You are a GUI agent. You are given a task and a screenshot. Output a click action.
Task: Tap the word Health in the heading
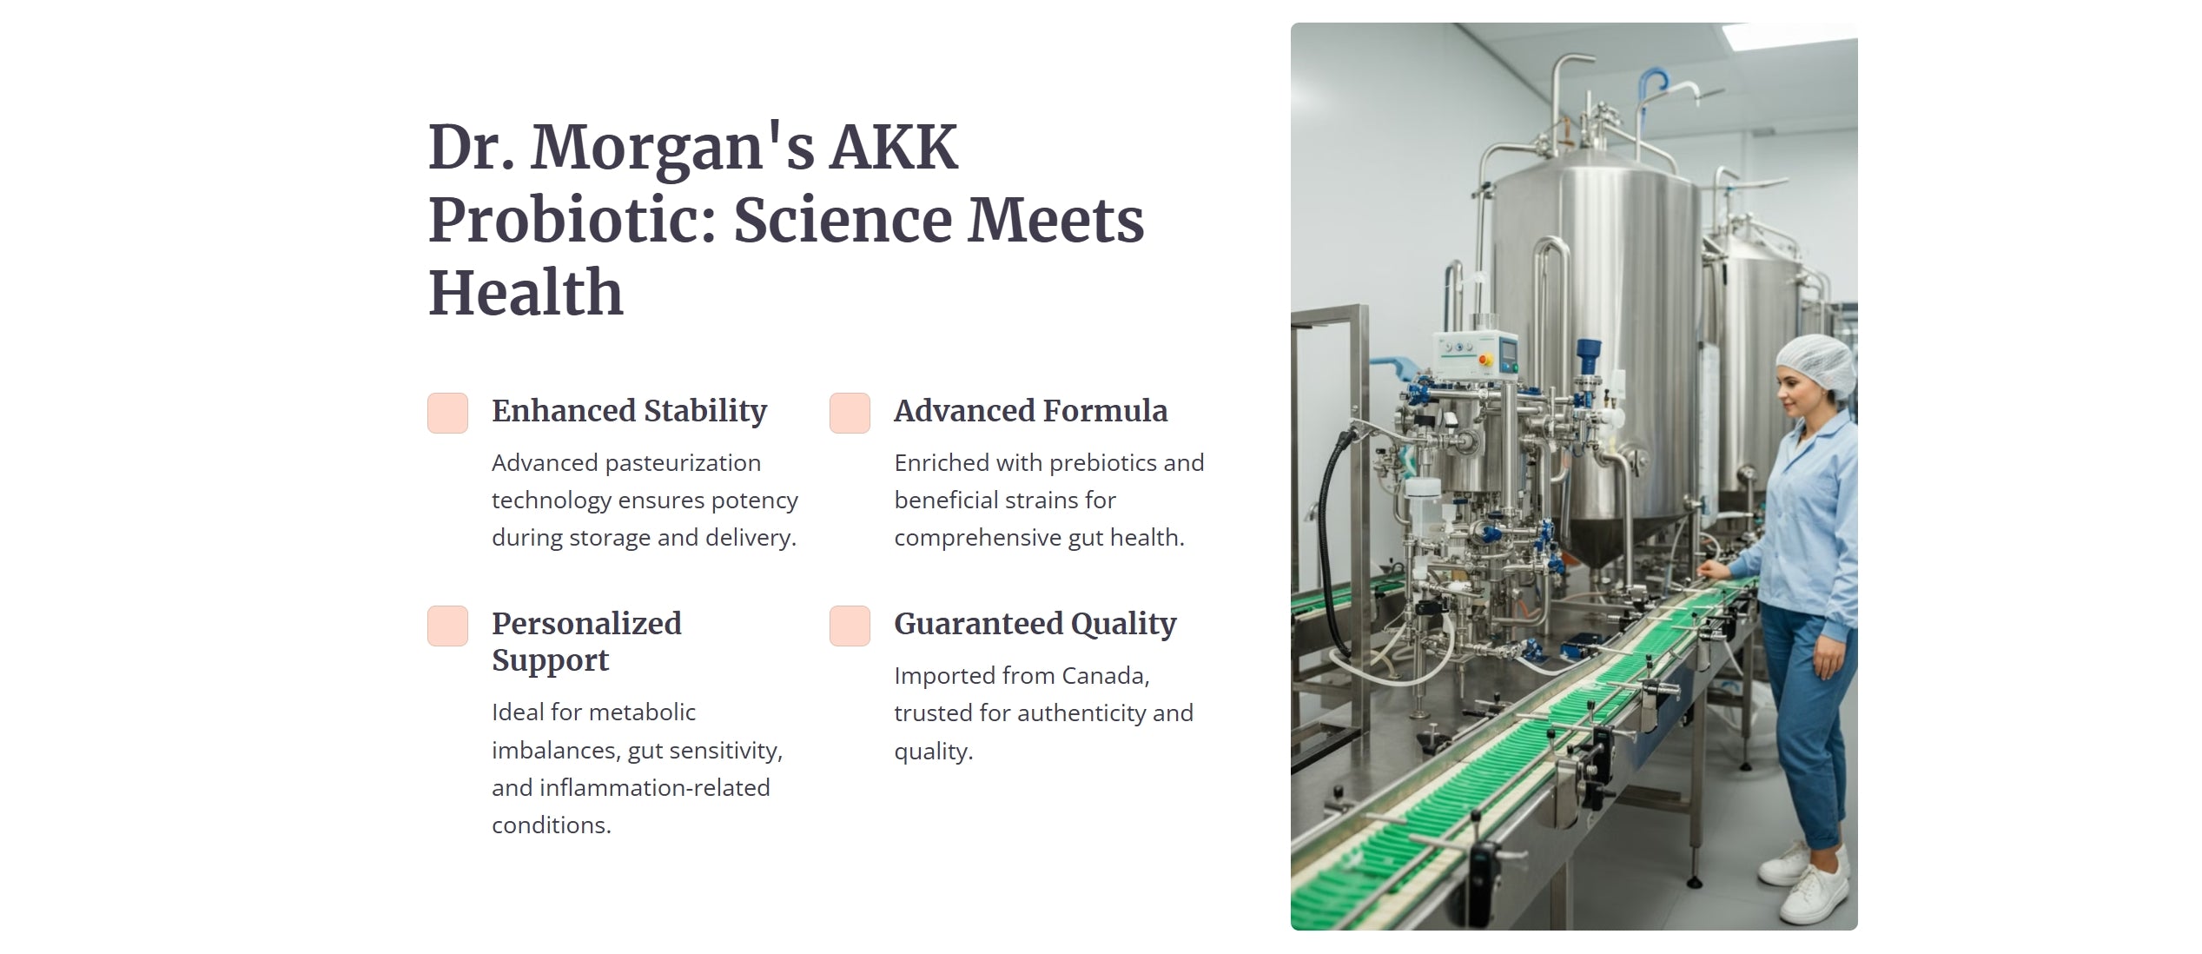tap(526, 293)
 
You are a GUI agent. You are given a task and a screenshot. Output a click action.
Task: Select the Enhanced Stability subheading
tap(629, 411)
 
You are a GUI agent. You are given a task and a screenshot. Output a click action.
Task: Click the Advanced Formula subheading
tap(1031, 411)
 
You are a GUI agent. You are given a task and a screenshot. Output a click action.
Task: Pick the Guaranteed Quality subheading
tap(1035, 624)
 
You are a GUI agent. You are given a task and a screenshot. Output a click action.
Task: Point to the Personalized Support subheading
tap(586, 641)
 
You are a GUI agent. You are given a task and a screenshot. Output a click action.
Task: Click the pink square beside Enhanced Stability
tap(447, 413)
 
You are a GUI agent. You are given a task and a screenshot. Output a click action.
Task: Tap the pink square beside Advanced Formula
tap(850, 413)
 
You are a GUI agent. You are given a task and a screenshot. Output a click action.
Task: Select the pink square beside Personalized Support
tap(447, 626)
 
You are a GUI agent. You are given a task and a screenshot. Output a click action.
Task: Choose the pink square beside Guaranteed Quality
tap(850, 626)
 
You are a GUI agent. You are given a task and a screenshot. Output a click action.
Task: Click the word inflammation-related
tap(655, 788)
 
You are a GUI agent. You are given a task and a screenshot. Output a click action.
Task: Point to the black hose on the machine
tap(1329, 539)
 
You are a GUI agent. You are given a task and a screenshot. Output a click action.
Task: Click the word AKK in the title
tap(894, 148)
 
